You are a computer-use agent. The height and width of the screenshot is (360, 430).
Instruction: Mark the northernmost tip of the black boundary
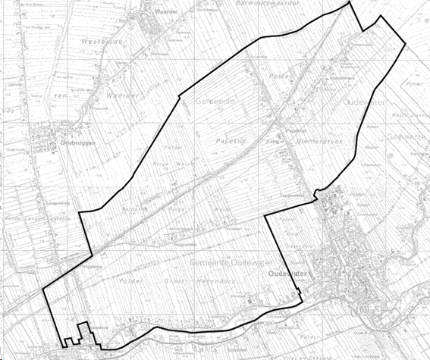350,2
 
